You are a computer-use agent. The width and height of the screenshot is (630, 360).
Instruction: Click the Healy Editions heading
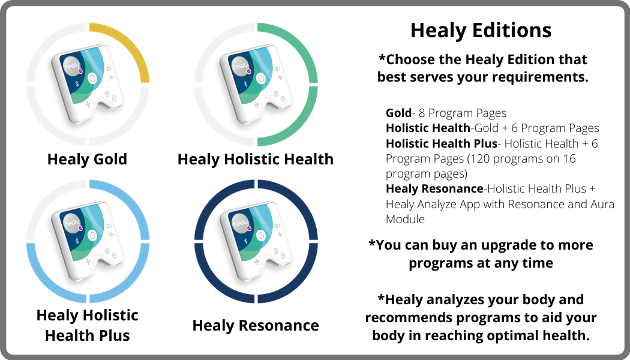coord(481,31)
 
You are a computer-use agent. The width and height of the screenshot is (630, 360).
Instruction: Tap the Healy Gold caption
coord(87,160)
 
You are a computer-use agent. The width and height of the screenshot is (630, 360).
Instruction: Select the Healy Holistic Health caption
coord(256,160)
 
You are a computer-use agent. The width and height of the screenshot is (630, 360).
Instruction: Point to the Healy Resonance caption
coord(256,325)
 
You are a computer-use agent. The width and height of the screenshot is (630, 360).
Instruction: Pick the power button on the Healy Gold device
coord(92,79)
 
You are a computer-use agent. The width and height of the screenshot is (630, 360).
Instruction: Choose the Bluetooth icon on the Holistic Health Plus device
coord(77,241)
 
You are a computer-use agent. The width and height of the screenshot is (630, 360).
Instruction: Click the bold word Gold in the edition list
coord(398,113)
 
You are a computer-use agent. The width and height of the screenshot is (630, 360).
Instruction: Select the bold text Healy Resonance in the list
coord(434,188)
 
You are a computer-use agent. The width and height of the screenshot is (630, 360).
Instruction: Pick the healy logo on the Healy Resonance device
coord(241,223)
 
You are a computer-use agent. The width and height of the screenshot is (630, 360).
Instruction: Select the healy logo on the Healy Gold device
coord(73,66)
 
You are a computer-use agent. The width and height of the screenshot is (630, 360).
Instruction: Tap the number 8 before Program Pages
coord(422,113)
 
